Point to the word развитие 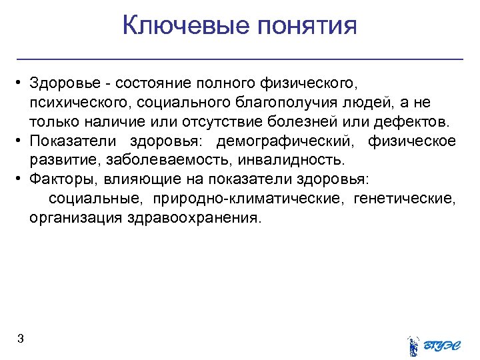pyautogui.click(x=56, y=161)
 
